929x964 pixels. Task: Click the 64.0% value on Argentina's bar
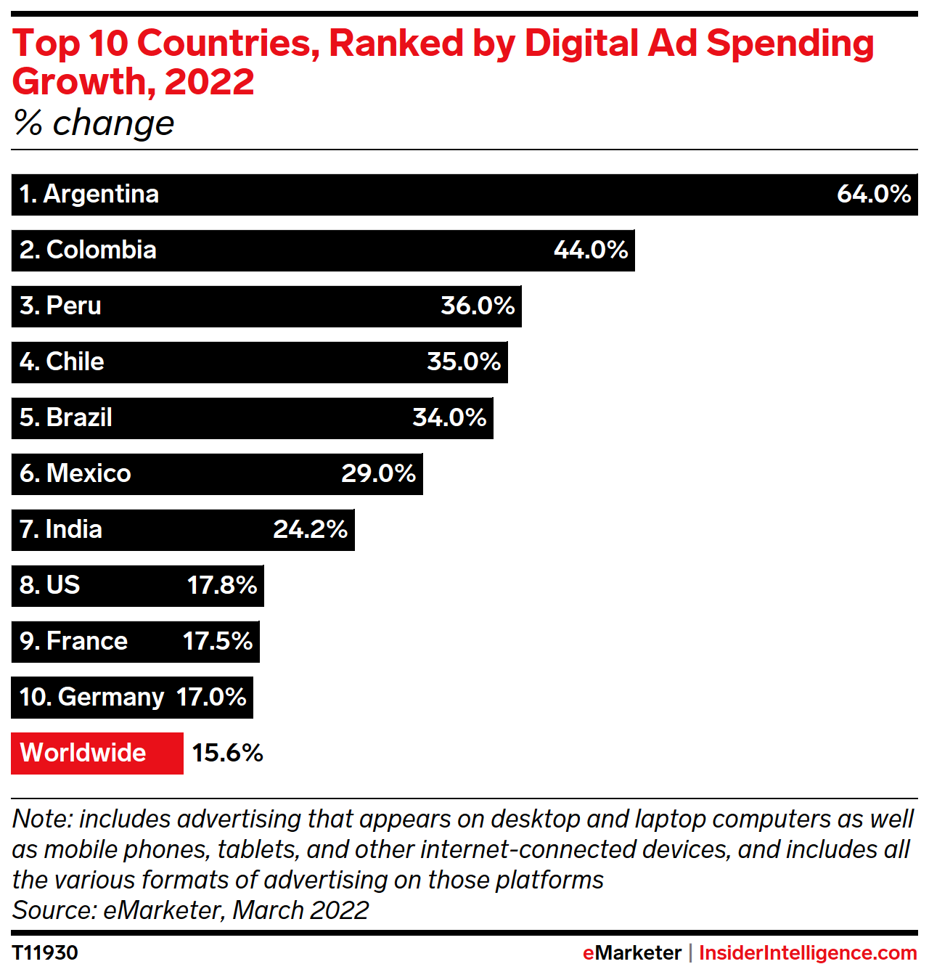(873, 194)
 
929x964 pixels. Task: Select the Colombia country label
(89, 250)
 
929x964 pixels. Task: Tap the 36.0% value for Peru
(478, 306)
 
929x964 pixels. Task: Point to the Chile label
(62, 361)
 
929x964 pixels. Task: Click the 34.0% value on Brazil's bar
(449, 417)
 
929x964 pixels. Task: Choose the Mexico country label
(75, 473)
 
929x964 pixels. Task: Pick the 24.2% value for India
(310, 529)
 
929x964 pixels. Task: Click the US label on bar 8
(50, 585)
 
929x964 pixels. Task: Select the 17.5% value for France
(217, 641)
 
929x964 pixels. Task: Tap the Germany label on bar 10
(92, 697)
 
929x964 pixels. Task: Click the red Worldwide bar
(97, 753)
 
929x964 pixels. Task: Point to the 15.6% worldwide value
(227, 753)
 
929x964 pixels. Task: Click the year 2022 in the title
(209, 81)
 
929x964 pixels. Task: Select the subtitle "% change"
(94, 123)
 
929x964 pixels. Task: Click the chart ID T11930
(45, 952)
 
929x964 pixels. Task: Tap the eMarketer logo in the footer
(631, 952)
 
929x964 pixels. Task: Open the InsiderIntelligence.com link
(808, 952)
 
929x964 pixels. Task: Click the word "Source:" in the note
(54, 910)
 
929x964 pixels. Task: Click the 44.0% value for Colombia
(590, 250)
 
